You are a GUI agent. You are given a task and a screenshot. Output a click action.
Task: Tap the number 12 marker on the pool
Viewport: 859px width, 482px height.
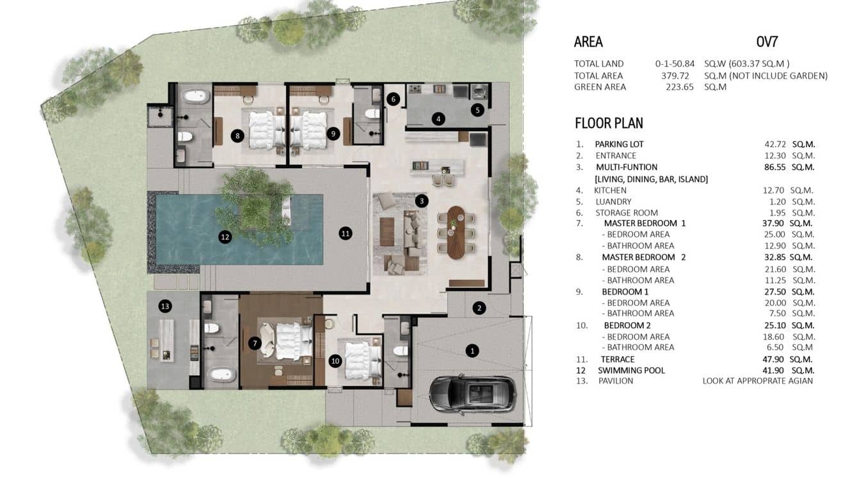[x=225, y=237]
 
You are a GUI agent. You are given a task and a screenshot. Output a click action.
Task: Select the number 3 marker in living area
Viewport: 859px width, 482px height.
[x=421, y=201]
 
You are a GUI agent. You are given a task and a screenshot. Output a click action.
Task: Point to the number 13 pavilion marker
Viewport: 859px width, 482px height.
[x=165, y=307]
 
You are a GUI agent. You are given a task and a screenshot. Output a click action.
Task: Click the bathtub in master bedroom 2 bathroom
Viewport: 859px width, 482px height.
[x=195, y=97]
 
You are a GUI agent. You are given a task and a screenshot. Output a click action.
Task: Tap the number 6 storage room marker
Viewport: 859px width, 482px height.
[x=394, y=99]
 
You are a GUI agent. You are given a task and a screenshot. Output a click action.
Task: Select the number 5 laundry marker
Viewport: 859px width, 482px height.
[x=477, y=110]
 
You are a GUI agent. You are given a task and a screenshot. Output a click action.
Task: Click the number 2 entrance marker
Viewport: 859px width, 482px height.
[x=479, y=308]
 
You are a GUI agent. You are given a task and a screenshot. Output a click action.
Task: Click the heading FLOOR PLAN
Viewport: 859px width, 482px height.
[x=609, y=123]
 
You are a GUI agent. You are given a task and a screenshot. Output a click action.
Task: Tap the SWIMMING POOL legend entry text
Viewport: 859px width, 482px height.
[x=631, y=370]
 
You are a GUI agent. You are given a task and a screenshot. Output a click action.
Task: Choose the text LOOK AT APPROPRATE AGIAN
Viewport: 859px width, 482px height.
[x=758, y=381]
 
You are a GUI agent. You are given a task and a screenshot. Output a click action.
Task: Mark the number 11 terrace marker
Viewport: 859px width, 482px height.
[x=346, y=233]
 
